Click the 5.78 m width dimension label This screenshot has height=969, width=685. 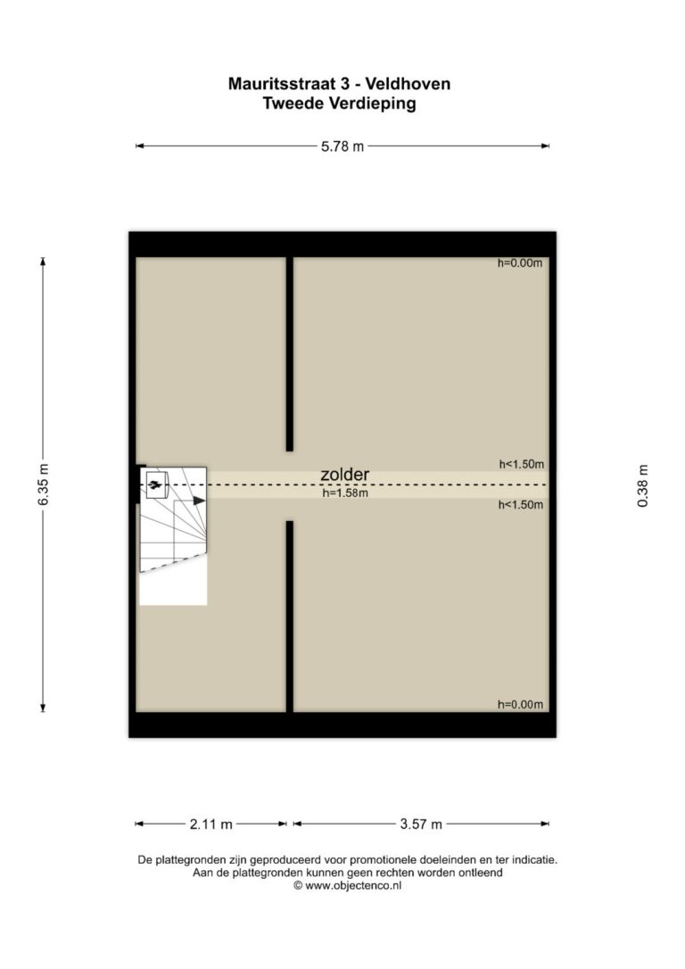(342, 146)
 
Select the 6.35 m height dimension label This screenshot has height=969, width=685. (43, 484)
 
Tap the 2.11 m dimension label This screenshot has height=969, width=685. (211, 824)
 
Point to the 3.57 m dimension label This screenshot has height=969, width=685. (421, 824)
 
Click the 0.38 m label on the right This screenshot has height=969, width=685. (643, 485)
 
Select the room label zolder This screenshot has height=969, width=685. (344, 475)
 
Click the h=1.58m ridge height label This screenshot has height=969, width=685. (345, 493)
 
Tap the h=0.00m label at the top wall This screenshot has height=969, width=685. (520, 263)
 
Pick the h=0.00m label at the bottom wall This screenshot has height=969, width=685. (521, 705)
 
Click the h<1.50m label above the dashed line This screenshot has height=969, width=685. (522, 464)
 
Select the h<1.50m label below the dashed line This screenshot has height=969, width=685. (521, 505)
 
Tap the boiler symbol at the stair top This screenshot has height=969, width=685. (156, 484)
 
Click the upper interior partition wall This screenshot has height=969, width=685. (289, 354)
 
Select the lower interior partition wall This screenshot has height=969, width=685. (289, 617)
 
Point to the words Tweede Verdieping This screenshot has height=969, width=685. (339, 104)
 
